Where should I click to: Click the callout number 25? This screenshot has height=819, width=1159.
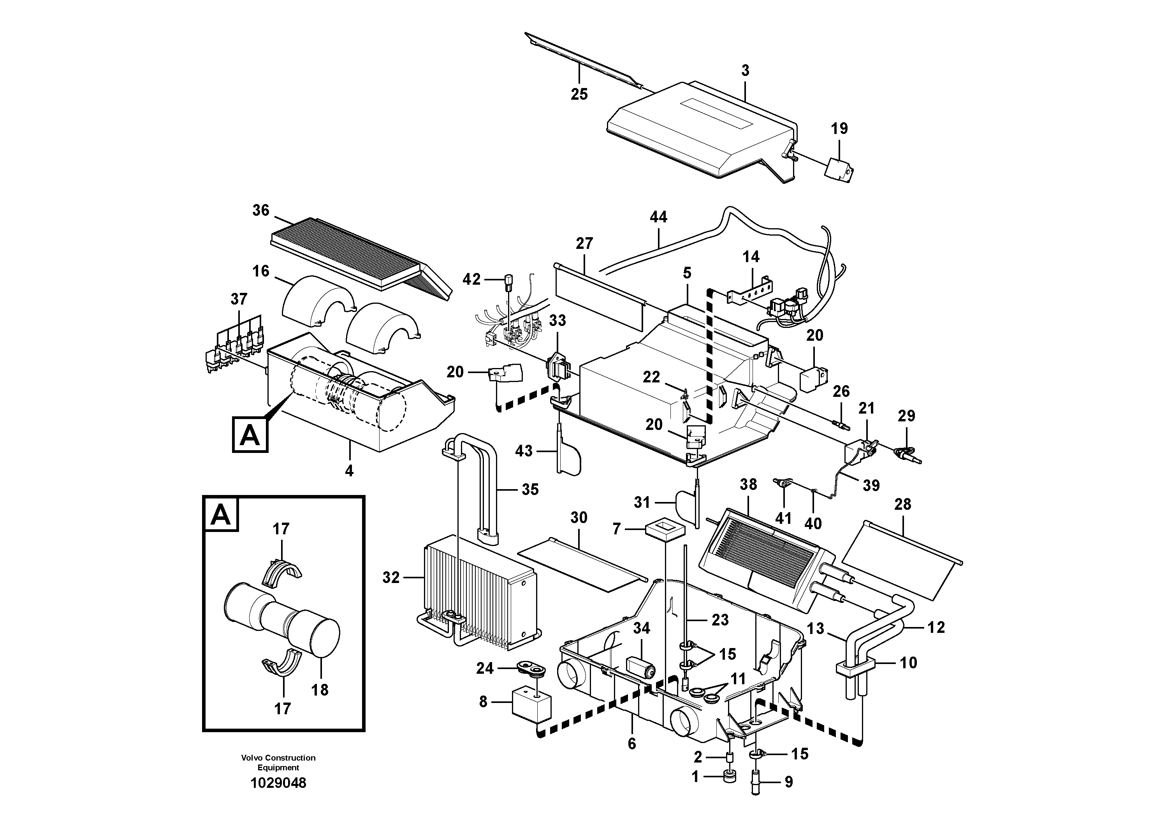coord(579,94)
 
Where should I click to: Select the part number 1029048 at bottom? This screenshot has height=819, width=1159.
coord(278,783)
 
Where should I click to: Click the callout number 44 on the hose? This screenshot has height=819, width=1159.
coord(658,217)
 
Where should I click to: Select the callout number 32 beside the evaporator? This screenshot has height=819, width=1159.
coord(391,578)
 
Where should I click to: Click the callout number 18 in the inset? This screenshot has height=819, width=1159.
coord(320,690)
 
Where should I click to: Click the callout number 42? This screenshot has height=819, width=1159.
coord(471,279)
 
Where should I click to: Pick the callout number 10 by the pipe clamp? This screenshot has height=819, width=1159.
coord(909,662)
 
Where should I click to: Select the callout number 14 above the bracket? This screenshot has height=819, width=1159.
coord(751,257)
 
